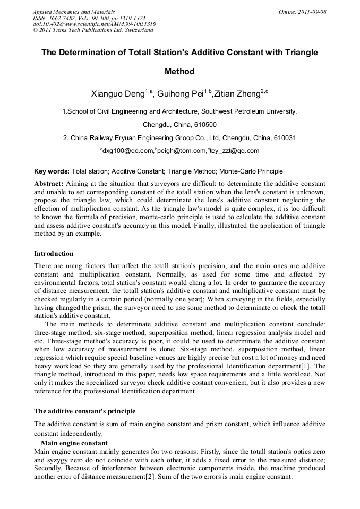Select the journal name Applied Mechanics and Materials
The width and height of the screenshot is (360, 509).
(74, 11)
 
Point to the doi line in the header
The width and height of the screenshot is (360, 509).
(94, 24)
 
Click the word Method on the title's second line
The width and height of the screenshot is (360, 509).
(179, 71)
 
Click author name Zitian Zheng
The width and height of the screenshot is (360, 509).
(237, 94)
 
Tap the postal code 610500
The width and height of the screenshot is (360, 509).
(204, 125)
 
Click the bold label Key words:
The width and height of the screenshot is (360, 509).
(52, 171)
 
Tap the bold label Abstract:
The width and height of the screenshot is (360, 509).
(49, 182)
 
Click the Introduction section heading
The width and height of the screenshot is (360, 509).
(54, 253)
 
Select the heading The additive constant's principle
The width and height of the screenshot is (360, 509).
(84, 411)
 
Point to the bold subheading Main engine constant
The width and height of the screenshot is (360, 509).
(74, 443)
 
